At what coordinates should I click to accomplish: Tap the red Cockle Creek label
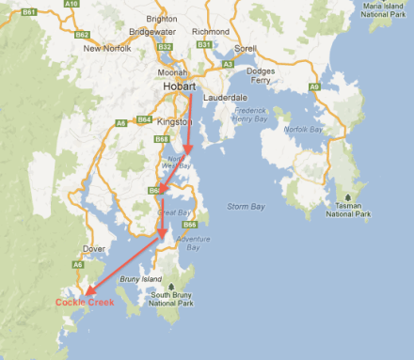pos(84,303)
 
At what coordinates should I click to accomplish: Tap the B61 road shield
pos(29,12)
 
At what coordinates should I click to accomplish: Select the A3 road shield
pos(229,64)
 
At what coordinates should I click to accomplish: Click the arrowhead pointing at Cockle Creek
pos(83,293)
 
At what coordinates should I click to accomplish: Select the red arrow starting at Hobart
pos(190,122)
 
